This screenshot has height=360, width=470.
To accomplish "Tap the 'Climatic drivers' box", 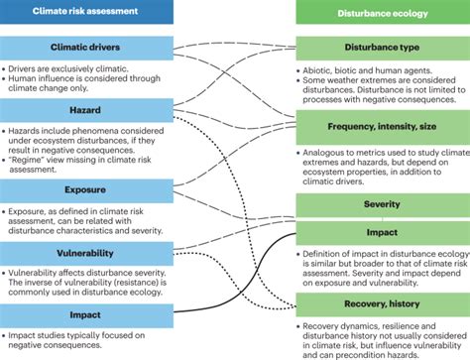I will pyautogui.click(x=87, y=49).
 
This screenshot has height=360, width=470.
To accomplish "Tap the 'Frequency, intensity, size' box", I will pyautogui.click(x=382, y=126).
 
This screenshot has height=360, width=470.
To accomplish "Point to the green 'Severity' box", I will pyautogui.click(x=382, y=204).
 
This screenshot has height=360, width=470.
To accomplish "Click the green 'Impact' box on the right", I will pyautogui.click(x=382, y=231).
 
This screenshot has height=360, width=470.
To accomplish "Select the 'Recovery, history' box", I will pyautogui.click(x=382, y=303).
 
